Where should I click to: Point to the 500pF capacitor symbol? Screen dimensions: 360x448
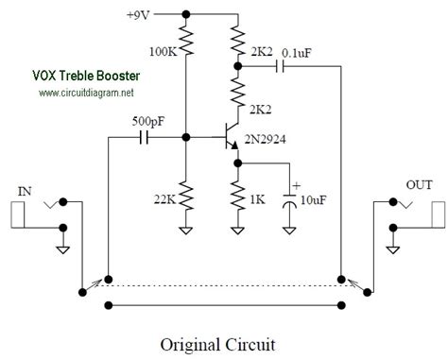(145, 138)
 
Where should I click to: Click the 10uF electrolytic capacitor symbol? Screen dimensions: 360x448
(289, 199)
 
